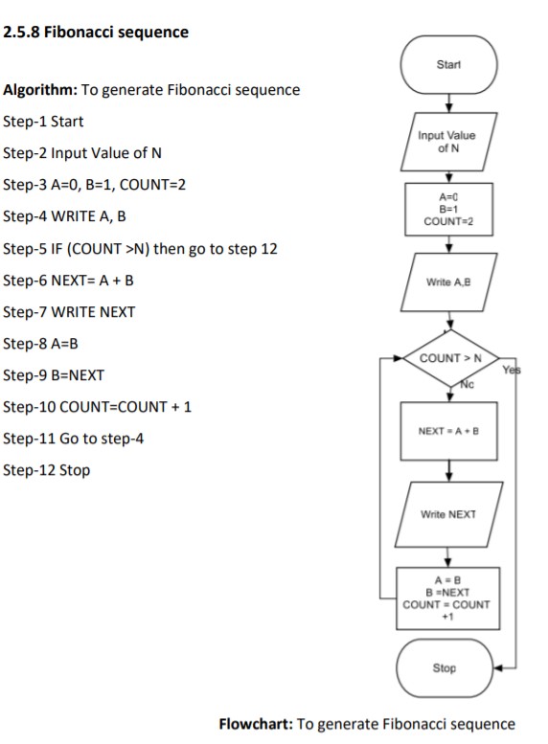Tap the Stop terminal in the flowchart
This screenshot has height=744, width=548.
coord(445,668)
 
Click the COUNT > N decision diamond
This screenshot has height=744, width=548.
coord(447,359)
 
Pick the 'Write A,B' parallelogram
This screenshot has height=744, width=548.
coord(447,281)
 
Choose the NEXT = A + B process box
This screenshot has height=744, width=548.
coord(447,432)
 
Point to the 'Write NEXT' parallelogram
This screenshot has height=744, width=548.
coord(447,514)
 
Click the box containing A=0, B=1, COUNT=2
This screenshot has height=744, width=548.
coord(447,207)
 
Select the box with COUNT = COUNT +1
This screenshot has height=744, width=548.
coord(445,597)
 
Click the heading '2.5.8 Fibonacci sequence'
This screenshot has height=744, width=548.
coord(96,33)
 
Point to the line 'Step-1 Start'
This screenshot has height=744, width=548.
coord(44,122)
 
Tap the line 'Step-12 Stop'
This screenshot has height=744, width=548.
coord(47,470)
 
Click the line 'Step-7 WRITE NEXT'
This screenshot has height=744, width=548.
coord(70,312)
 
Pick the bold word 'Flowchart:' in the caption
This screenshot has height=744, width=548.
coord(257,723)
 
